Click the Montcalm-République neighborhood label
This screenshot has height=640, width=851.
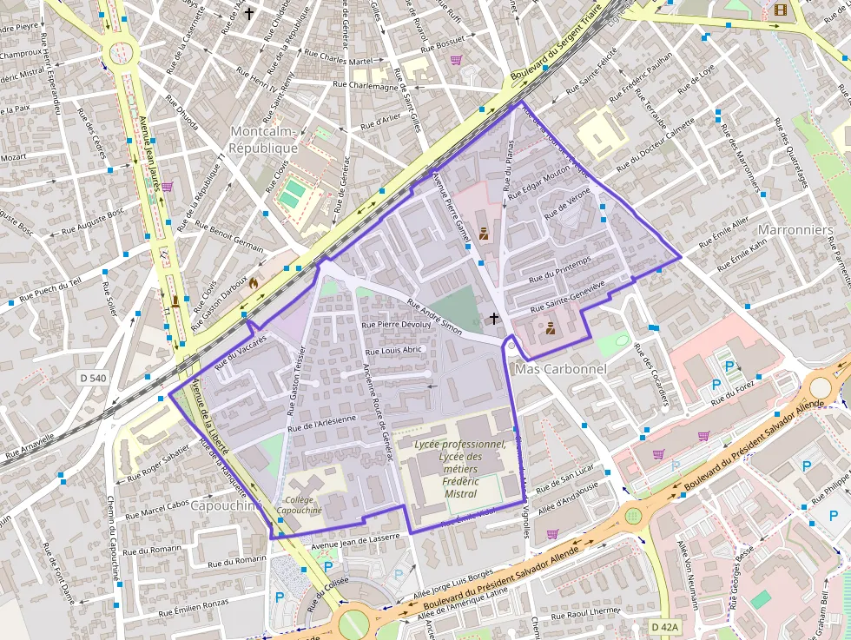pyautogui.click(x=263, y=139)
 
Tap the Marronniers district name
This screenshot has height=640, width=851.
pyautogui.click(x=795, y=230)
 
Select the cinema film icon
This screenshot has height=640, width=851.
pyautogui.click(x=780, y=10)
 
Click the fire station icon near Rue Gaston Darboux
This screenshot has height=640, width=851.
pyautogui.click(x=254, y=283)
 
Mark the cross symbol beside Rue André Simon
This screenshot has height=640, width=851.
pyautogui.click(x=494, y=319)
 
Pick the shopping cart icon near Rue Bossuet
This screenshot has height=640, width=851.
pyautogui.click(x=456, y=60)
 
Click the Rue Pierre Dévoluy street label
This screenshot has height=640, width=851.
pyautogui.click(x=396, y=325)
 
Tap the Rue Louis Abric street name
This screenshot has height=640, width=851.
pyautogui.click(x=393, y=350)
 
